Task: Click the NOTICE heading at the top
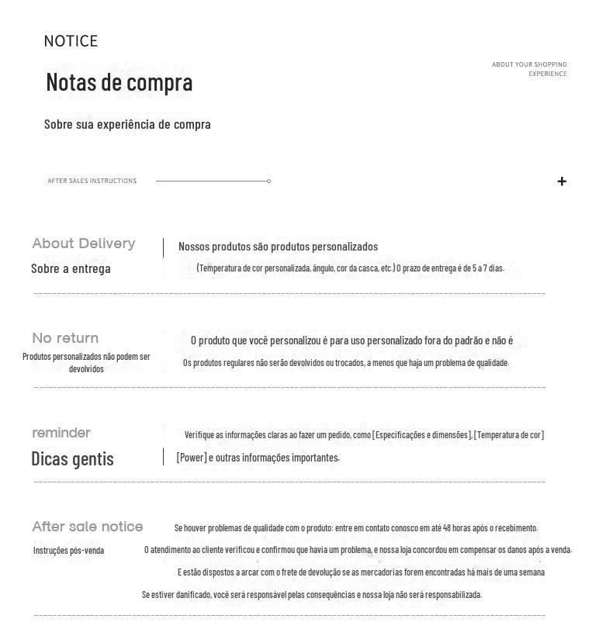[71, 41]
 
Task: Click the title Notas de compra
[119, 82]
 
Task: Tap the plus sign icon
[562, 181]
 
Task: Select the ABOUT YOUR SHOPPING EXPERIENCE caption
[529, 69]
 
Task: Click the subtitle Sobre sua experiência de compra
[127, 124]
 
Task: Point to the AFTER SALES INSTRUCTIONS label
[92, 181]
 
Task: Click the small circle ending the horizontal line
[268, 181]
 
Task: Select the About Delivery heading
[84, 244]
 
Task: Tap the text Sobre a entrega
[71, 268]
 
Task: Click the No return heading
[65, 338]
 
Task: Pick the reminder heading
[61, 433]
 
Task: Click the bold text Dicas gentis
[72, 458]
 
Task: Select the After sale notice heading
[88, 527]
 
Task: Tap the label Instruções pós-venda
[68, 551]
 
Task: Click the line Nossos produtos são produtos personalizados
[278, 247]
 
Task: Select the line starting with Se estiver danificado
[312, 595]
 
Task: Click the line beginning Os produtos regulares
[346, 363]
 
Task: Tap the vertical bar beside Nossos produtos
[163, 247]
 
